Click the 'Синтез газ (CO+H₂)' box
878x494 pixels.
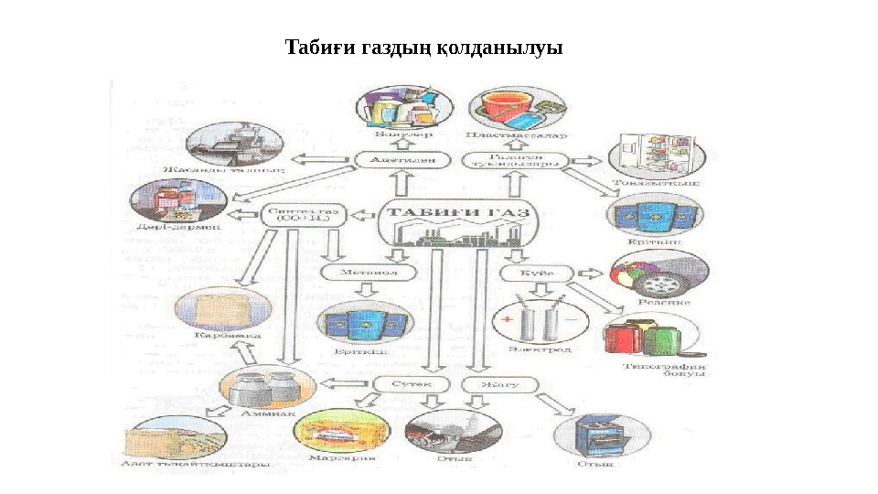pos(304,216)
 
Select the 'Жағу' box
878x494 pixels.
pos(497,384)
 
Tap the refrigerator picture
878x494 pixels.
pos(648,154)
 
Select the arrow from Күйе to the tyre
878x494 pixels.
pos(592,273)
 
